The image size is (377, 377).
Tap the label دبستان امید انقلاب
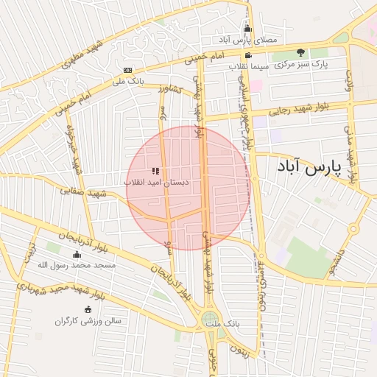pyautogui.click(x=155, y=181)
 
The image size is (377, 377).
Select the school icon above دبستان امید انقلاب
pyautogui.click(x=155, y=171)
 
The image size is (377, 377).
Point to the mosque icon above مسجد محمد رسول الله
pyautogui.click(x=77, y=254)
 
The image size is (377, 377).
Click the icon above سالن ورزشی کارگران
pyautogui.click(x=88, y=310)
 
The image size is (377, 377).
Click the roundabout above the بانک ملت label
pyautogui.click(x=211, y=320)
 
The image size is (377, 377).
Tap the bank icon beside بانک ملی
pyautogui.click(x=128, y=71)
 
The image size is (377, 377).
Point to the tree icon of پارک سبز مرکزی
pyautogui.click(x=300, y=52)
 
